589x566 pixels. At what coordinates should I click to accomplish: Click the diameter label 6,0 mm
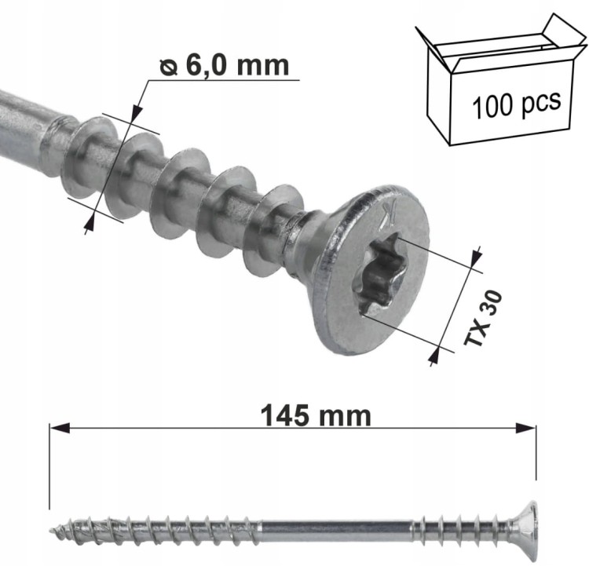point(237,66)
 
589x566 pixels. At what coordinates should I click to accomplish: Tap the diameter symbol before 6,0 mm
point(169,68)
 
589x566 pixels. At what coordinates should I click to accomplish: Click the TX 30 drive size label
point(483,318)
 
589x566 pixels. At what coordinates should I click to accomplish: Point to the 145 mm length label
point(316,416)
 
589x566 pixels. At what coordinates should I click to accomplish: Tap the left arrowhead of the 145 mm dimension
point(60,428)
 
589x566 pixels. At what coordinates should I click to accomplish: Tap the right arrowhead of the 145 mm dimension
point(525,428)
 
